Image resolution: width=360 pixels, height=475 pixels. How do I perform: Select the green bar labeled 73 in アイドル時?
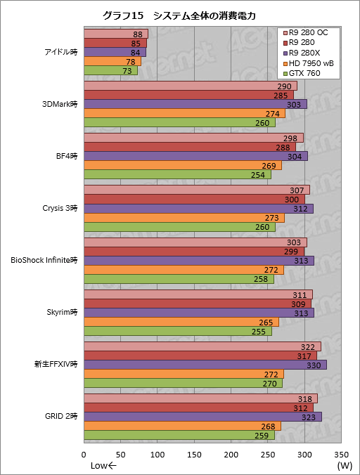[x=110, y=71]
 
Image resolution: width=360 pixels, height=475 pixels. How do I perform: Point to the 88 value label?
[x=139, y=34]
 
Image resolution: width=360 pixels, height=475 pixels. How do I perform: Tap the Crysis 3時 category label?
[x=60, y=209]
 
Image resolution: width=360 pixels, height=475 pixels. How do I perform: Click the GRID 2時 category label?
[x=60, y=417]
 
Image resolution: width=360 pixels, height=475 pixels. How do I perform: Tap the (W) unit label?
[x=344, y=465]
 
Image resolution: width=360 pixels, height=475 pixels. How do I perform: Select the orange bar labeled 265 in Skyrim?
[x=181, y=322]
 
